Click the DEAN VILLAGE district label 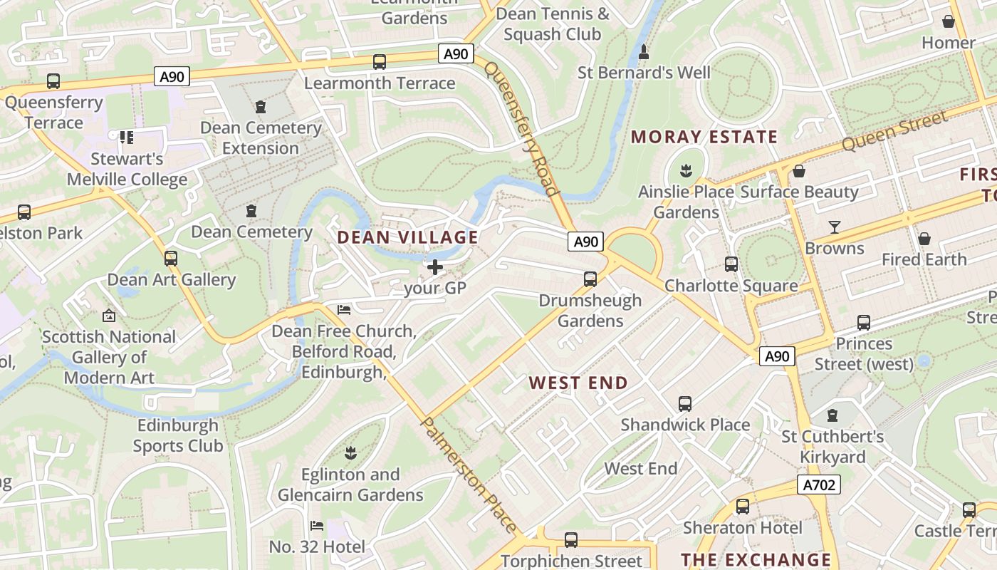[x=407, y=237]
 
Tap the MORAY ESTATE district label [x=704, y=137]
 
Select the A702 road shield [x=818, y=485]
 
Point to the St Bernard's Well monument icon [x=644, y=51]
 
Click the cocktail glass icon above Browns [x=835, y=227]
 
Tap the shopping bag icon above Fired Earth [x=924, y=238]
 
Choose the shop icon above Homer [x=949, y=21]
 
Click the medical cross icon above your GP [x=434, y=267]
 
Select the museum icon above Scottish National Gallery [x=109, y=315]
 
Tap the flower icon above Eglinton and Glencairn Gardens [x=350, y=452]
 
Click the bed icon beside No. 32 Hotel [x=317, y=526]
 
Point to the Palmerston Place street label [x=469, y=475]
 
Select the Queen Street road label [x=894, y=130]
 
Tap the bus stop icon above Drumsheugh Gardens [x=590, y=279]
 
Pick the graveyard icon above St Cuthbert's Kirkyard [x=832, y=415]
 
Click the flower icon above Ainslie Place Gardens [x=687, y=170]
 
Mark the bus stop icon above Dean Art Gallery [x=171, y=259]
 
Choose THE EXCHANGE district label [x=756, y=559]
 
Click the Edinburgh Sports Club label [x=178, y=435]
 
